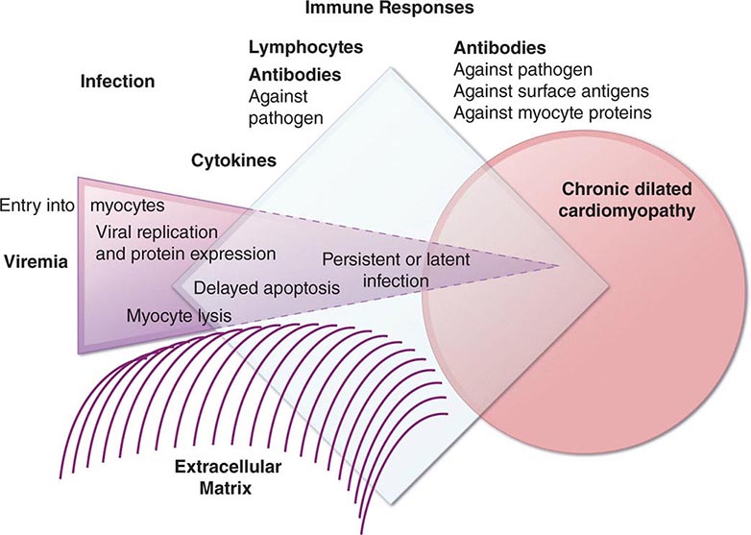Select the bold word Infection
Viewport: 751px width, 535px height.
[117, 81]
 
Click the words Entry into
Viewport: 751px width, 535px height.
[37, 206]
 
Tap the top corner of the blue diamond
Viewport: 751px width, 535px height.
[391, 68]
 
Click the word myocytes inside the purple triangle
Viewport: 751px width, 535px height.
[127, 206]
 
